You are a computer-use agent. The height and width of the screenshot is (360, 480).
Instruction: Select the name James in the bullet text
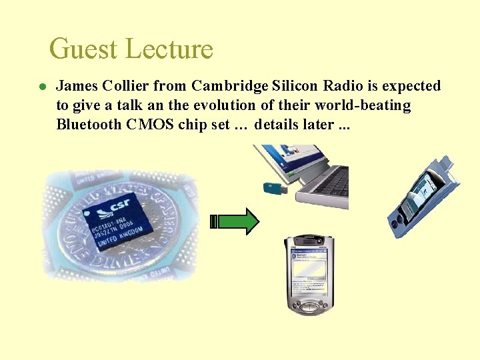click(77, 86)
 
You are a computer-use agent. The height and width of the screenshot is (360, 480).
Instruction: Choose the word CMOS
click(150, 125)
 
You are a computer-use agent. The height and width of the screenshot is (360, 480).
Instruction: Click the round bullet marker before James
click(41, 87)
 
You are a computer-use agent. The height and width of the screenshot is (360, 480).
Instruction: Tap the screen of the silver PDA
click(309, 270)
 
